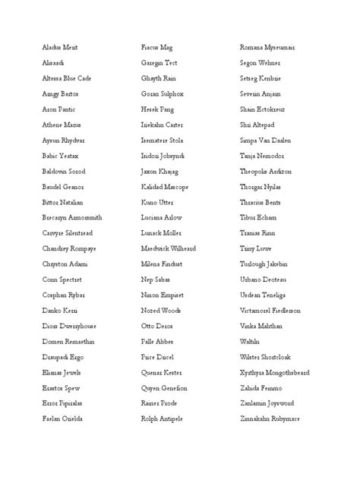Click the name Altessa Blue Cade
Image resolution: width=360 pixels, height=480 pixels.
click(x=67, y=78)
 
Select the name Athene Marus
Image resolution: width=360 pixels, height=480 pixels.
click(x=62, y=125)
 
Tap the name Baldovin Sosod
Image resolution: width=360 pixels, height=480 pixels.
click(x=64, y=171)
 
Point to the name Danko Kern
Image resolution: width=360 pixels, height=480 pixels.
click(x=58, y=311)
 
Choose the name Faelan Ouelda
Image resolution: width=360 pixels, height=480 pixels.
click(x=62, y=418)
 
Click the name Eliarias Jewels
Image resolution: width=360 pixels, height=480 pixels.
click(x=62, y=372)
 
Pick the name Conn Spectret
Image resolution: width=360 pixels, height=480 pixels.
click(x=62, y=279)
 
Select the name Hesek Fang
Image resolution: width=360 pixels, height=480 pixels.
click(x=157, y=109)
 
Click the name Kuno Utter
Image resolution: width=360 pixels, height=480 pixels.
click(x=156, y=202)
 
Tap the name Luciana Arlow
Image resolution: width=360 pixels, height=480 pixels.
click(x=162, y=217)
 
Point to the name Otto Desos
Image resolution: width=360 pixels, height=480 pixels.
click(x=157, y=326)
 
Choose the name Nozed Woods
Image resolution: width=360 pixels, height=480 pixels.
click(x=161, y=311)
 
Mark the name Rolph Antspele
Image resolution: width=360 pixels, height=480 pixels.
click(x=162, y=418)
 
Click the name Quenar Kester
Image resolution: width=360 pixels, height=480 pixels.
click(x=162, y=372)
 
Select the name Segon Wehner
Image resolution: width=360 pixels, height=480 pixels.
click(x=260, y=63)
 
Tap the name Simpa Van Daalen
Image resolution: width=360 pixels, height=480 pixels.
click(x=265, y=141)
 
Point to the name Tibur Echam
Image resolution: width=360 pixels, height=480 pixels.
click(x=257, y=217)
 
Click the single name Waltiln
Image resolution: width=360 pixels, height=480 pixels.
click(x=250, y=341)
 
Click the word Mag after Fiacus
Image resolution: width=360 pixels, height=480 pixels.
click(x=166, y=48)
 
